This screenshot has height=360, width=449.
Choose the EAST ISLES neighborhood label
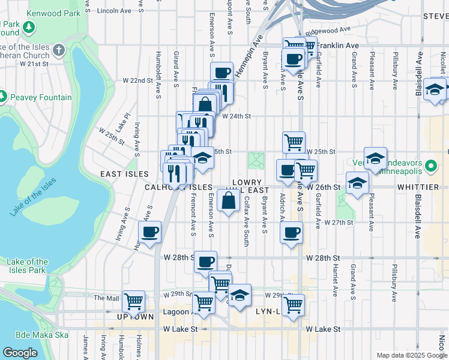pos(124,173)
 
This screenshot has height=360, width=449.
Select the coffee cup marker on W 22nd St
pos(221,73)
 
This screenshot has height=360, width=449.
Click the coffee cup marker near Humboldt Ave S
pos(149,231)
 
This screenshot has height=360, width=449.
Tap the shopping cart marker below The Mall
pos(133,300)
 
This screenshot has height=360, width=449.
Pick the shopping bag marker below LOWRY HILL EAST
pos(229,200)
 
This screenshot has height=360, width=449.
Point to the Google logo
pos(20,353)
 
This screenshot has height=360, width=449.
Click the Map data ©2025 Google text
pos(411,355)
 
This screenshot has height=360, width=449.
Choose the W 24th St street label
pos(235,116)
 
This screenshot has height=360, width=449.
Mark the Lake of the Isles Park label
pos(28,266)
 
